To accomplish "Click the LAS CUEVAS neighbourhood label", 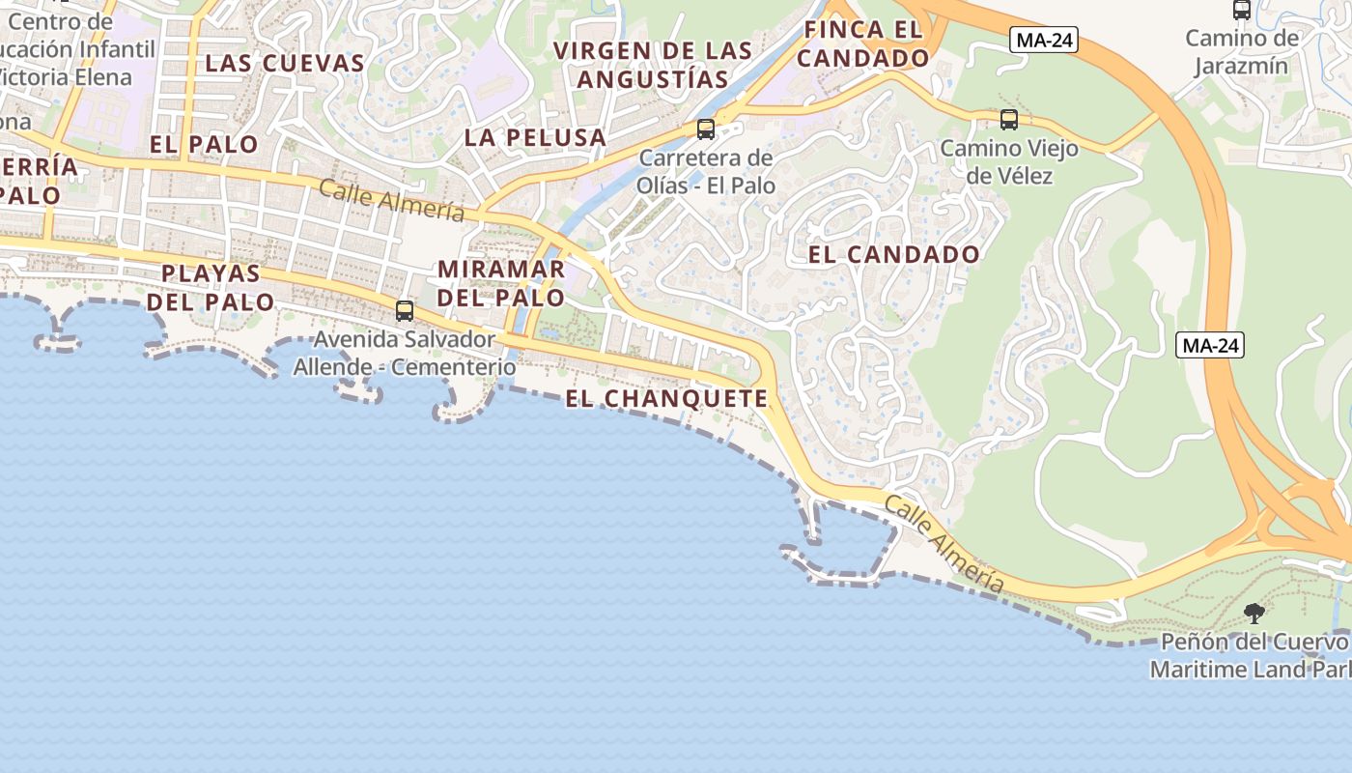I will click(285, 64).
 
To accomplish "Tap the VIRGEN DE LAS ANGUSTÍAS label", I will click(653, 64).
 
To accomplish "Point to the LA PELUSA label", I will click(535, 137).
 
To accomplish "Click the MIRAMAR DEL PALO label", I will click(500, 282).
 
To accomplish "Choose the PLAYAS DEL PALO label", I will click(211, 287).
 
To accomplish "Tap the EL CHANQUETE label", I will click(666, 398).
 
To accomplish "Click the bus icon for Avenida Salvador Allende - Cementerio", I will click(405, 311).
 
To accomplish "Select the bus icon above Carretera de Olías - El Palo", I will click(706, 129).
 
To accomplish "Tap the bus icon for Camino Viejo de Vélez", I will click(1009, 120).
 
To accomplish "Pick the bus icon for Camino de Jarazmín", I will click(1242, 11).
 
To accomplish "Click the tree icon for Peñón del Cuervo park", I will click(1253, 613).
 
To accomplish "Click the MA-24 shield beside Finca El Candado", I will click(1043, 41).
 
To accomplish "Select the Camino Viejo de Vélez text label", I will click(1008, 162).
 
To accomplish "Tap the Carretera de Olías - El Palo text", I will click(706, 171).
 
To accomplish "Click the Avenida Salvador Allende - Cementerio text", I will click(404, 354).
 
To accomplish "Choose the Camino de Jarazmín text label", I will click(1242, 52).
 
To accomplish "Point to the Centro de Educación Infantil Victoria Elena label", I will click(77, 49).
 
